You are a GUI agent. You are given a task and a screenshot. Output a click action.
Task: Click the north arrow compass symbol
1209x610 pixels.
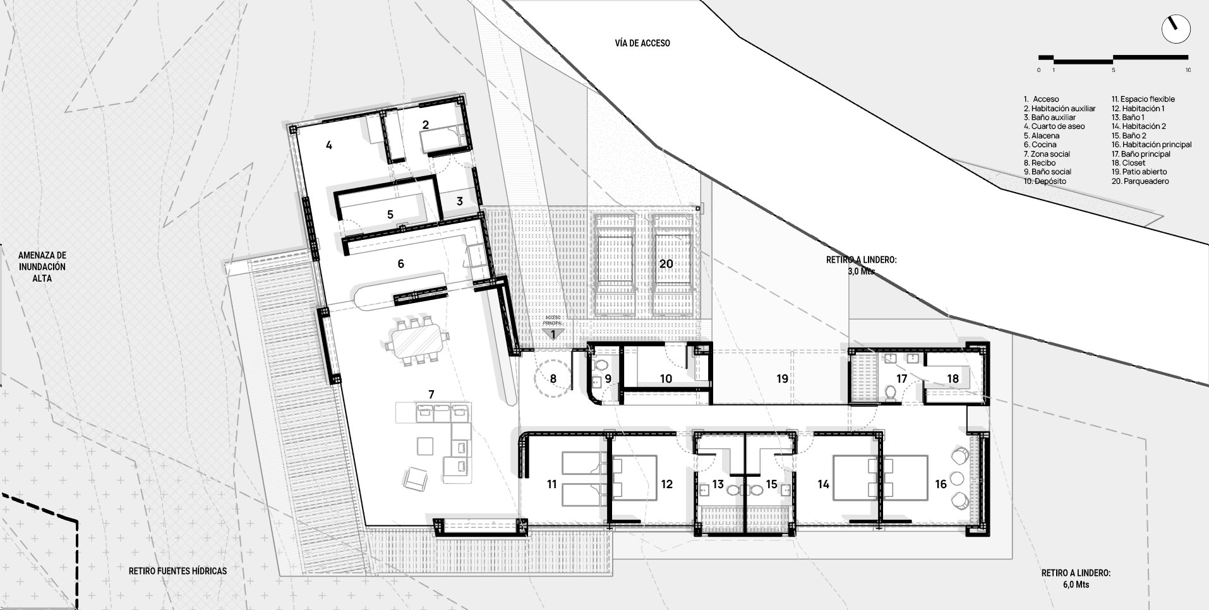(1176, 29)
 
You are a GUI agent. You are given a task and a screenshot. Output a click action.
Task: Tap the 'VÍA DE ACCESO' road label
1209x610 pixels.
(642, 43)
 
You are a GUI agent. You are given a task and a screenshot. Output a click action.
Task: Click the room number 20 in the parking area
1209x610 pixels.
(666, 264)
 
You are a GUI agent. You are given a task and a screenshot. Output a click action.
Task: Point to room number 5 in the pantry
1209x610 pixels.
(390, 215)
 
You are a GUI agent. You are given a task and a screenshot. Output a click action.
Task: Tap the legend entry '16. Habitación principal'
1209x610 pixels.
(1152, 145)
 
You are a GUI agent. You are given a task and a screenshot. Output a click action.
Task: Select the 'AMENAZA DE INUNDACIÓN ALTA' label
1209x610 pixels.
(42, 266)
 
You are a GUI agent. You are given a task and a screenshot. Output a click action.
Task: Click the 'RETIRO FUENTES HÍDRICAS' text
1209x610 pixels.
(177, 571)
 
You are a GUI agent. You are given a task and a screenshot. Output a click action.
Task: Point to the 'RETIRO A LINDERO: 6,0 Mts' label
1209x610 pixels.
(1076, 579)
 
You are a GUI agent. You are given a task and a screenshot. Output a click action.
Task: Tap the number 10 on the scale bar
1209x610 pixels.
(1188, 70)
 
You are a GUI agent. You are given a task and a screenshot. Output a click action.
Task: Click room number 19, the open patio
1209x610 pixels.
(782, 379)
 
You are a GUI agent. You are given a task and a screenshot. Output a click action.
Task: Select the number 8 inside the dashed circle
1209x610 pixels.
(553, 379)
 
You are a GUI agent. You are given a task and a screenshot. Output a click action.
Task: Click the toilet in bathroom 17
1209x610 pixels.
(891, 393)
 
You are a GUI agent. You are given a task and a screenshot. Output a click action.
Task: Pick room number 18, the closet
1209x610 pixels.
(953, 378)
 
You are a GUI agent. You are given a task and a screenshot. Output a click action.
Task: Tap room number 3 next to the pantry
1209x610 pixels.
(459, 201)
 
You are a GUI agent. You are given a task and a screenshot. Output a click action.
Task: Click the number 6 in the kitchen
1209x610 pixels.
(400, 264)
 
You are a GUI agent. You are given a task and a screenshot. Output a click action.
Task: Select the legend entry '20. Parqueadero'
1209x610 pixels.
(1140, 181)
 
